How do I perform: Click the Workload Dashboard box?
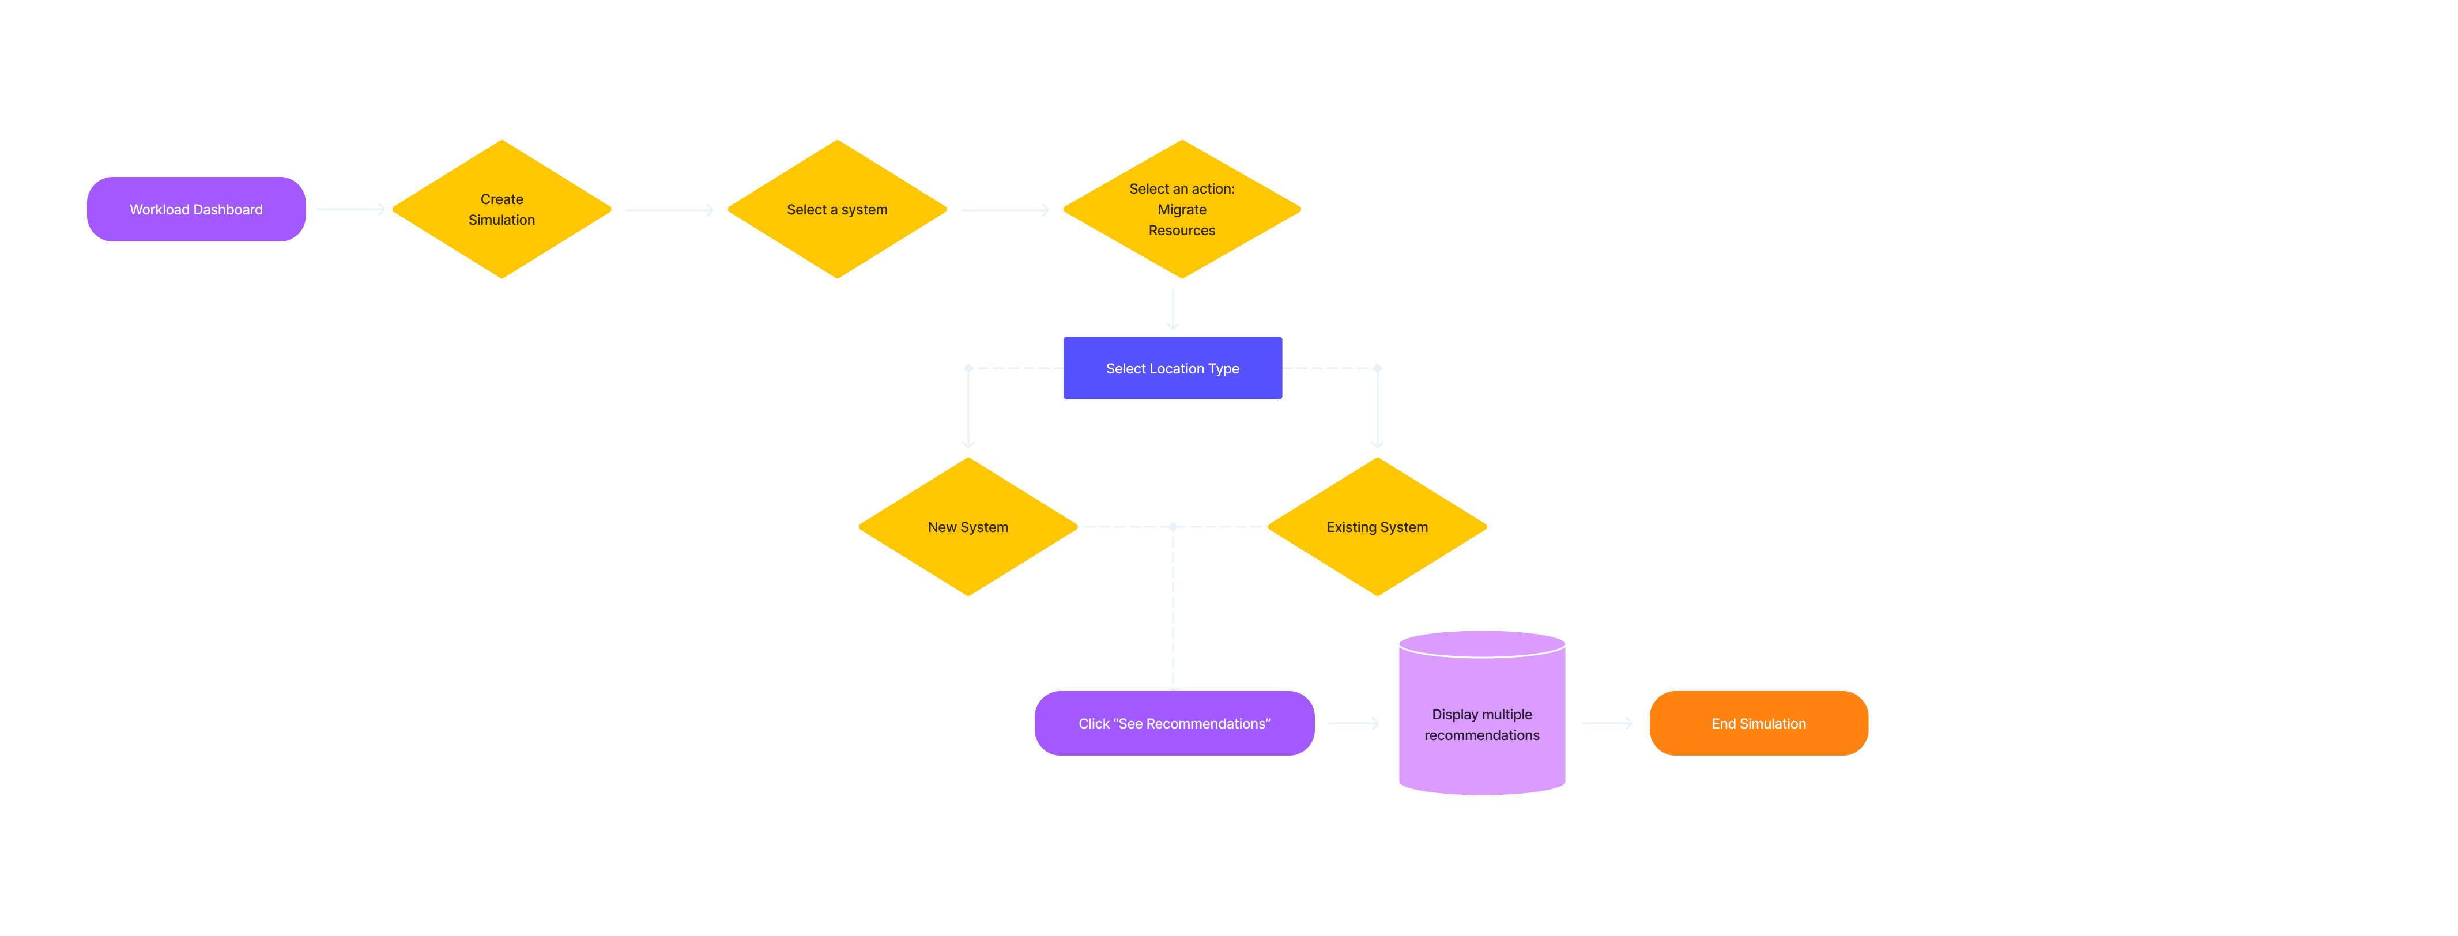pos(195,209)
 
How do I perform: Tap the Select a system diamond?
pos(837,210)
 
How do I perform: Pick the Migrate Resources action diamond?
pos(1181,210)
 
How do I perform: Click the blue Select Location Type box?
pos(1172,368)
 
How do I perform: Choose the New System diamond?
pos(967,527)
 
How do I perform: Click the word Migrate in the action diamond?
pos(1181,210)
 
